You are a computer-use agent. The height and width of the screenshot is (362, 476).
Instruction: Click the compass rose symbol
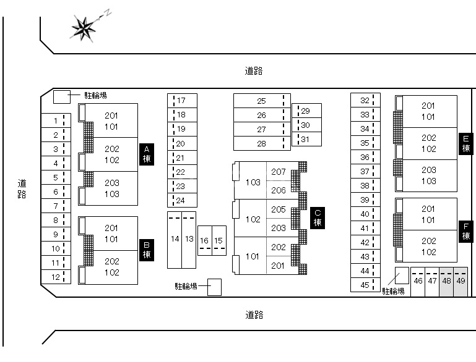pos(84,27)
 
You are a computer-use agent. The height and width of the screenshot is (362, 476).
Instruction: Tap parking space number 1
pos(56,121)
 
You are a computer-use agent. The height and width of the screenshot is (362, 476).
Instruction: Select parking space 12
pos(56,277)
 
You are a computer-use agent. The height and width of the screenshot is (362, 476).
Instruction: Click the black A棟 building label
pos(147,154)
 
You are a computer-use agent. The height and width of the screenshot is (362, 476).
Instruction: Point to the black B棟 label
pos(147,249)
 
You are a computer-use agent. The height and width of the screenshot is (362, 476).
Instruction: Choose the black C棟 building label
pos(318,217)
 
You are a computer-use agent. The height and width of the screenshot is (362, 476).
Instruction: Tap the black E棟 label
pos(465,143)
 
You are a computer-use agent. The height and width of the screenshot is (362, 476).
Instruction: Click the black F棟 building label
pos(465,231)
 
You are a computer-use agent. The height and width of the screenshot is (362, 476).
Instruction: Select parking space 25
pos(261,101)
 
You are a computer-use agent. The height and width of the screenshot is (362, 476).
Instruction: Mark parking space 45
pos(365,285)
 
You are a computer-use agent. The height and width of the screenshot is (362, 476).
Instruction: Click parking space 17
pos(182,101)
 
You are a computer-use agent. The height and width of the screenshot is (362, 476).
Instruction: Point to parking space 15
pos(218,240)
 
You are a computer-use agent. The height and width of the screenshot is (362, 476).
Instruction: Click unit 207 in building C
pos(279,172)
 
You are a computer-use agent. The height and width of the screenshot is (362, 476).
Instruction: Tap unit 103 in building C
pos(253,182)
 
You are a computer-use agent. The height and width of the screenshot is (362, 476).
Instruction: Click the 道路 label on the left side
pos(22,188)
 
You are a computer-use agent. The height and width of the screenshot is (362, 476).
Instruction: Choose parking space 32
pos(365,101)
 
